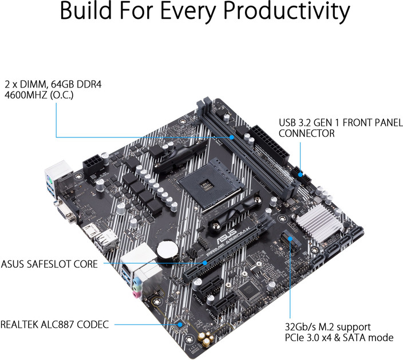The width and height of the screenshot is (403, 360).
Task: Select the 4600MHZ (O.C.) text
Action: pyautogui.click(x=38, y=94)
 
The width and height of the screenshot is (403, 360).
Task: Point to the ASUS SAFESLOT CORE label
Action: pyautogui.click(x=49, y=264)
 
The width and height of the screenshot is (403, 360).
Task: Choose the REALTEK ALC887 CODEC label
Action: pyautogui.click(x=54, y=324)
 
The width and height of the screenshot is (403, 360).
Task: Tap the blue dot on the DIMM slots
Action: pyautogui.click(x=232, y=137)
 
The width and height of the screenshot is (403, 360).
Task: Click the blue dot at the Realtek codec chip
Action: pyautogui.click(x=180, y=324)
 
